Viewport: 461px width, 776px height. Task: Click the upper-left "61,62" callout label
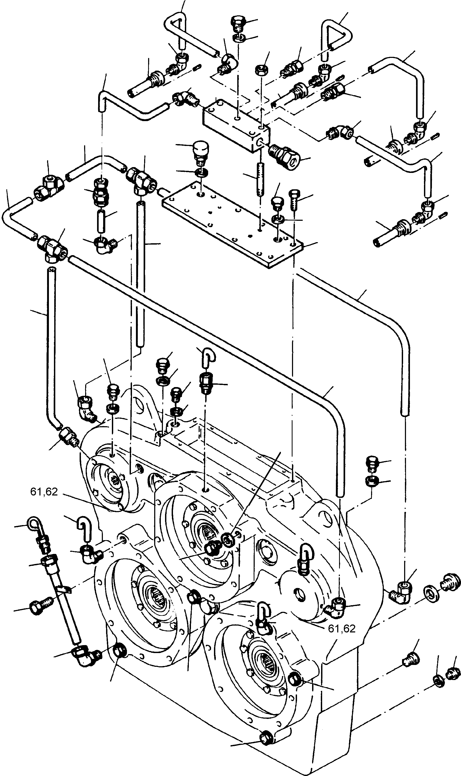[44, 492]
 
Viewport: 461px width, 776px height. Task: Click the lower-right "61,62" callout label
[341, 628]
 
